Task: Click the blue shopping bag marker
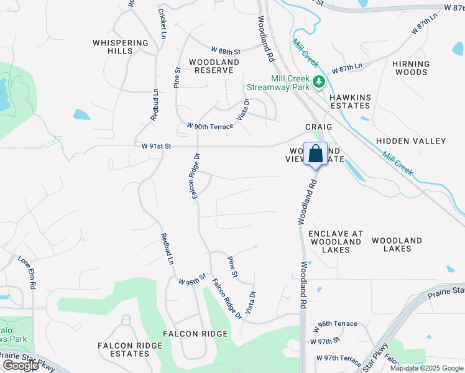(x=315, y=154)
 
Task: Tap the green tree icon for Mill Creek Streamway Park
(x=318, y=82)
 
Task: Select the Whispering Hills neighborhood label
(x=121, y=47)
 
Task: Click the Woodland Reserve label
(x=214, y=67)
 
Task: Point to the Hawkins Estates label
(x=350, y=102)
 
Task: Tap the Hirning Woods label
(x=411, y=68)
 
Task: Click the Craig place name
(x=318, y=126)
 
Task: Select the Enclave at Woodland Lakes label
(x=336, y=242)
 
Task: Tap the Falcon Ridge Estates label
(x=123, y=349)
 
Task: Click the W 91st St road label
(x=152, y=146)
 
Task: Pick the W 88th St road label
(x=226, y=50)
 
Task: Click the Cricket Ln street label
(x=162, y=24)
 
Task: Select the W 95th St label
(x=191, y=280)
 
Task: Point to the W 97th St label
(x=326, y=340)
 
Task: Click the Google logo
(x=21, y=366)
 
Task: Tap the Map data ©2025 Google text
(x=427, y=368)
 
